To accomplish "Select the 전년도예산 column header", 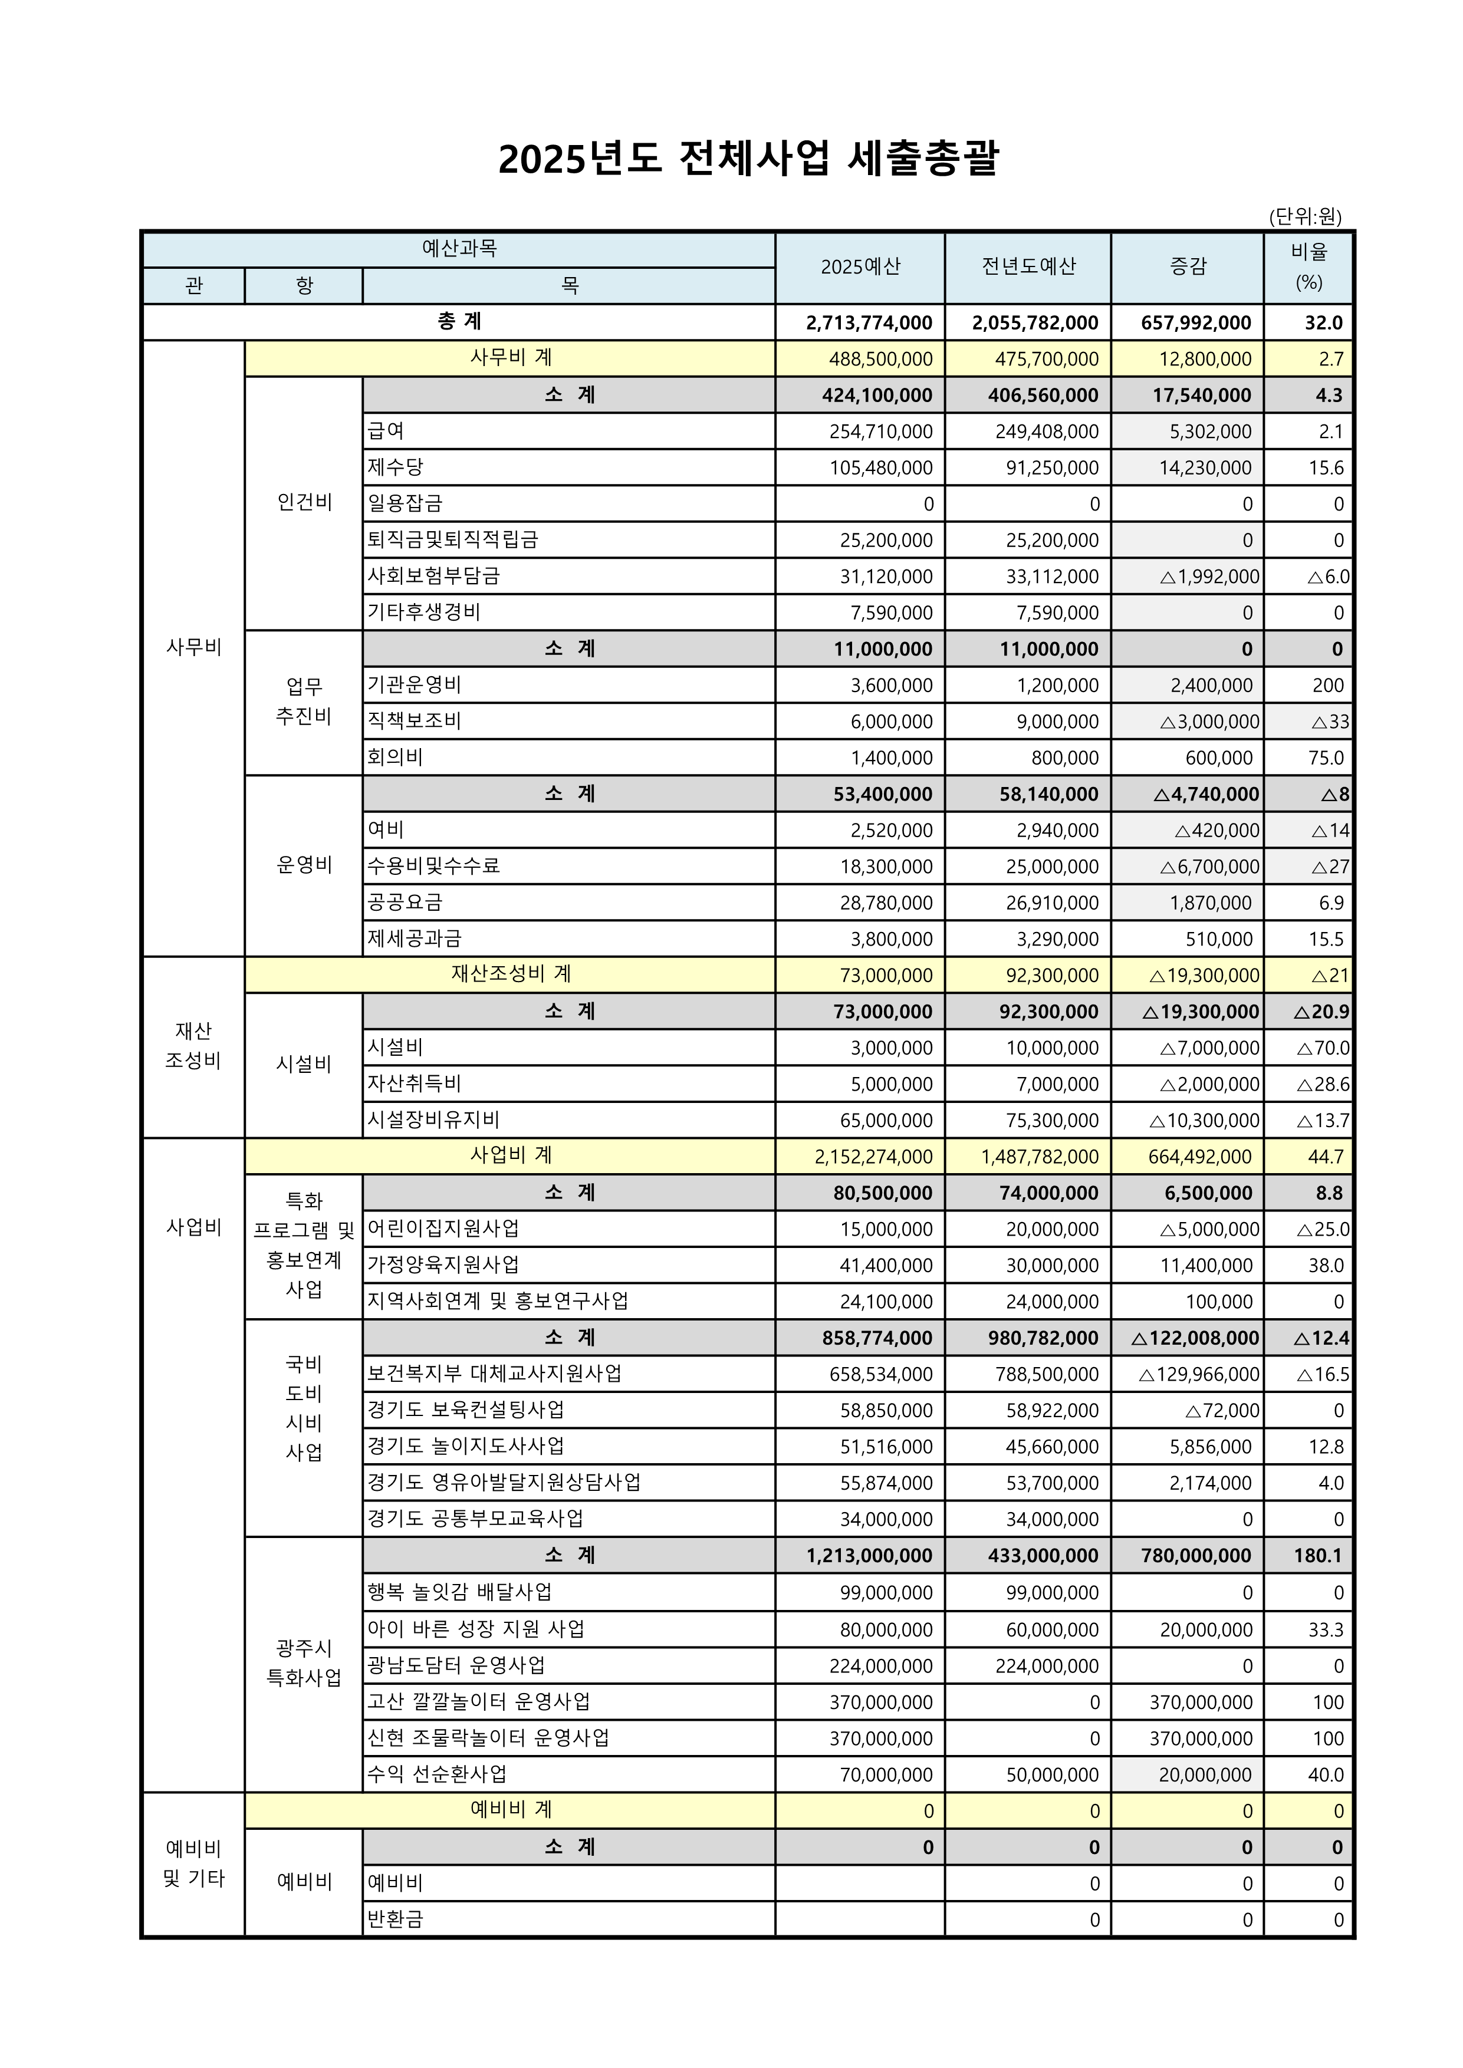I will click(x=1028, y=266).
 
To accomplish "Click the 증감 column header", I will click(x=1188, y=266).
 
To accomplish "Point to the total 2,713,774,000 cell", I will click(x=869, y=322).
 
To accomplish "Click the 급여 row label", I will click(x=386, y=432).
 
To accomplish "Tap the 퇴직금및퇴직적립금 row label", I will click(x=452, y=539).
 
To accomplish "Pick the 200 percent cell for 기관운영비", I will click(x=1327, y=686).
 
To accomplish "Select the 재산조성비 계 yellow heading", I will click(x=511, y=974).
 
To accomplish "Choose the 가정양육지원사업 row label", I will click(x=443, y=1266).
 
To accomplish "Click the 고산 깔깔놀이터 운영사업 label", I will click(x=478, y=1701).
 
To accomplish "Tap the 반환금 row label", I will click(x=394, y=1919).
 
